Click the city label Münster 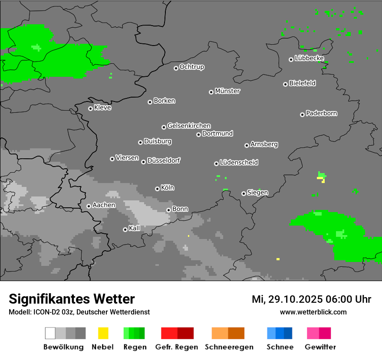(227, 91)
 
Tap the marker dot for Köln (157, 189)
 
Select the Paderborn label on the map (321, 113)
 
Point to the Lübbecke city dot (291, 59)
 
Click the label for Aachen (104, 205)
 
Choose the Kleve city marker (90, 108)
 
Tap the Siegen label (257, 193)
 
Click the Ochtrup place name (192, 67)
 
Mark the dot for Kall (125, 229)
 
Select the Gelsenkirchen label (189, 126)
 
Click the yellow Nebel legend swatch (103, 333)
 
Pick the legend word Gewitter (320, 347)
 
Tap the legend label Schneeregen (229, 347)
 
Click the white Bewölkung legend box (50, 333)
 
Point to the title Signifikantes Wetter (72, 299)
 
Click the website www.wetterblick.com (313, 312)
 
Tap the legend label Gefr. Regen (176, 347)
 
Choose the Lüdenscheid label (239, 162)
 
